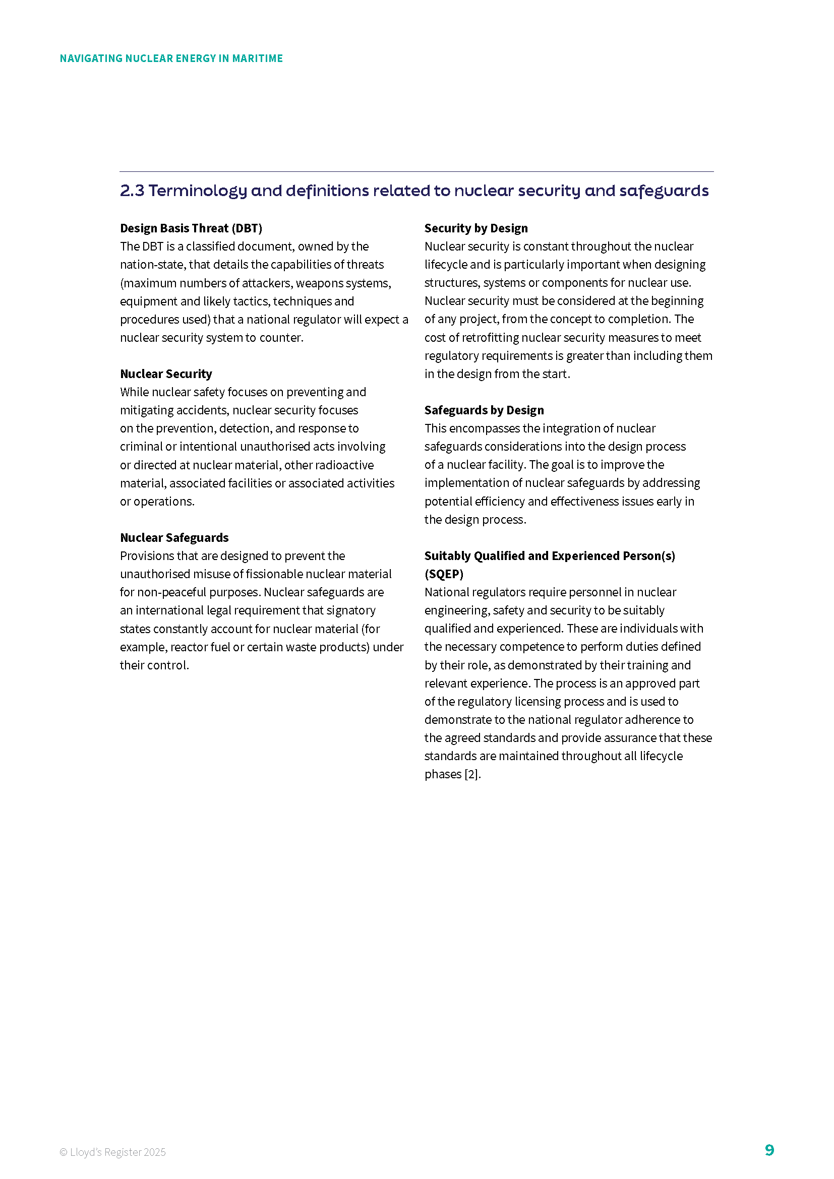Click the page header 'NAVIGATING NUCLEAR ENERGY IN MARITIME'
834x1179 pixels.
pyautogui.click(x=171, y=58)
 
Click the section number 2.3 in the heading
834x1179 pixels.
pyautogui.click(x=132, y=191)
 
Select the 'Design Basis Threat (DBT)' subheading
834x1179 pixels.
pyautogui.click(x=191, y=228)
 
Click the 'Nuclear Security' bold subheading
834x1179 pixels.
pyautogui.click(x=166, y=374)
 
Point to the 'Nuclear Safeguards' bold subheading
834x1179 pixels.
pyautogui.click(x=174, y=538)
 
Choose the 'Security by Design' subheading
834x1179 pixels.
pyautogui.click(x=475, y=228)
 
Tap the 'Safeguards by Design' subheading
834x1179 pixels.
pyautogui.click(x=484, y=410)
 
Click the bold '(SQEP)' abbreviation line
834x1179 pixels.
pyautogui.click(x=444, y=574)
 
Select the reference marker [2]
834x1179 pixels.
pyautogui.click(x=471, y=774)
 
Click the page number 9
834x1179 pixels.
pyautogui.click(x=769, y=1150)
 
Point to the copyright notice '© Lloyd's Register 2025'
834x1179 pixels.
pyautogui.click(x=112, y=1152)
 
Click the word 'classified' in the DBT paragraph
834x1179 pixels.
pyautogui.click(x=211, y=246)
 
